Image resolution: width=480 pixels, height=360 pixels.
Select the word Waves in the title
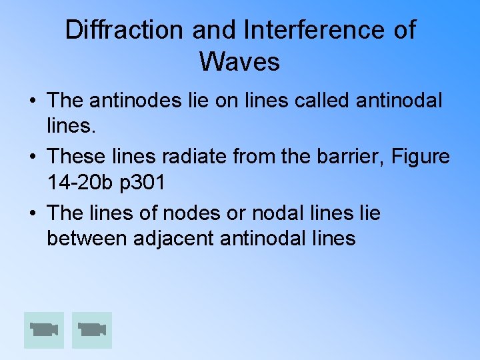(239, 61)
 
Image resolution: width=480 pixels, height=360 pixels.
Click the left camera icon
(44, 330)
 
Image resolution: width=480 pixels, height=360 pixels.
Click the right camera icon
(92, 330)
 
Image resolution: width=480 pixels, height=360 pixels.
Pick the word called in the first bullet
(316, 101)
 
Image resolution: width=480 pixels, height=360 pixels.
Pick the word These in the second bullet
(77, 157)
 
